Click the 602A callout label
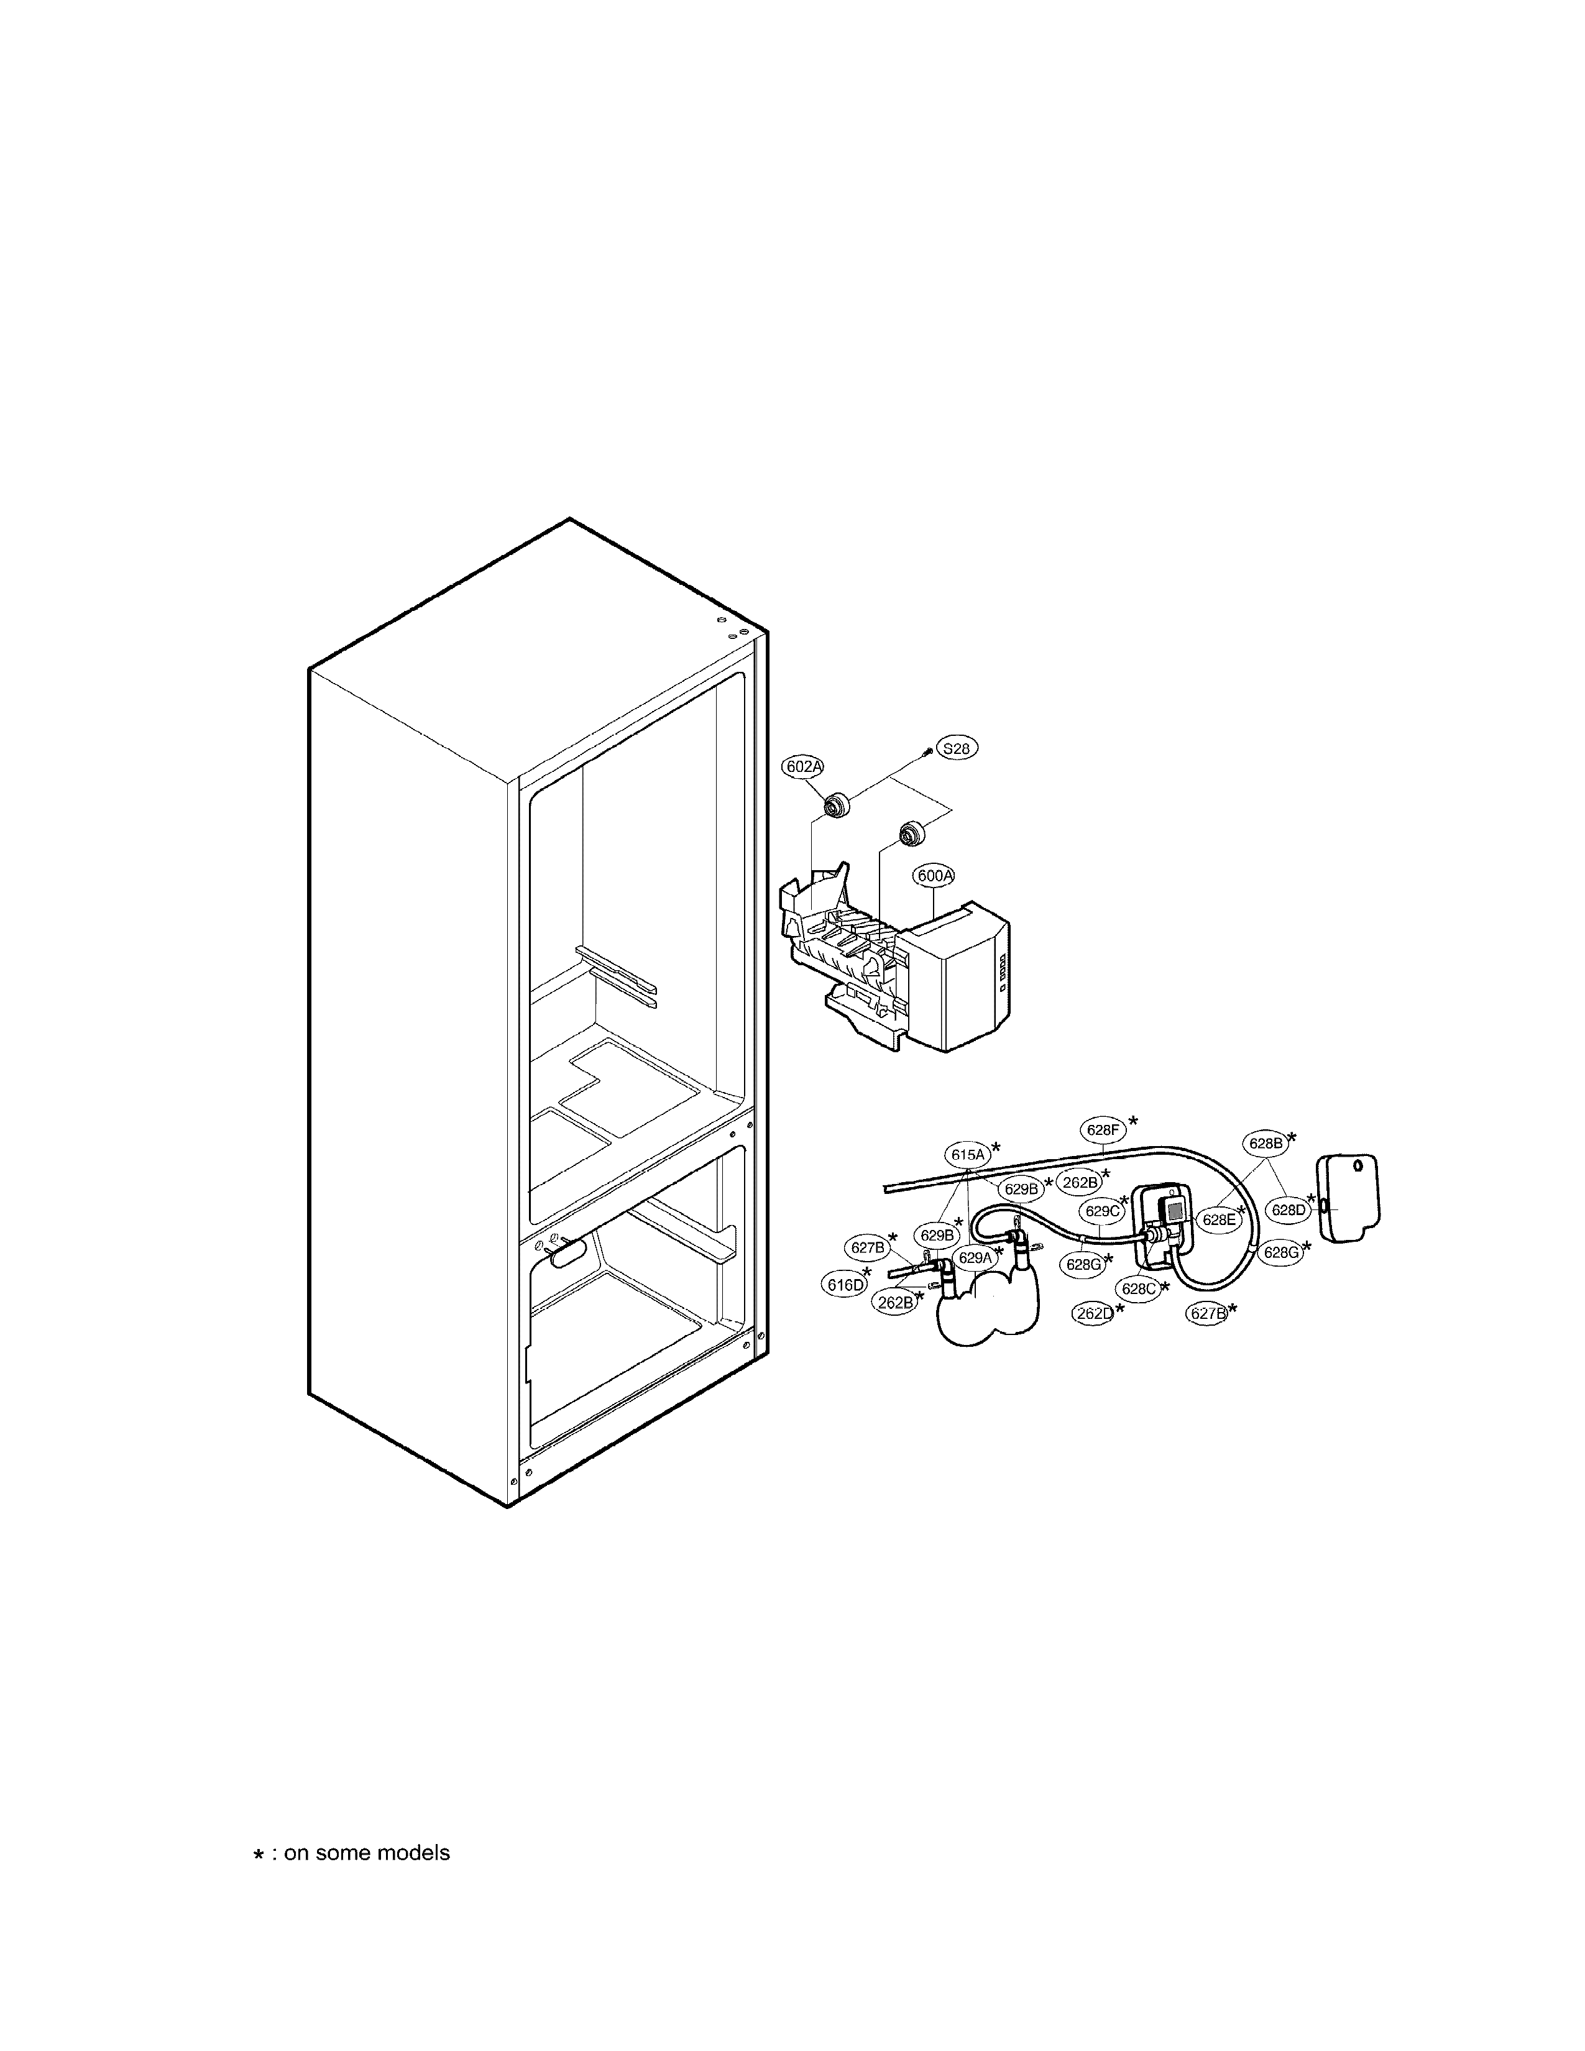coord(803,767)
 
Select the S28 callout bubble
coord(956,748)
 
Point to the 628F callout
coord(1103,1130)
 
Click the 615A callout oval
coord(966,1154)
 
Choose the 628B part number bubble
coord(1265,1143)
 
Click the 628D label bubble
coord(1289,1211)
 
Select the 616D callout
coord(844,1285)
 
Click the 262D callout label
coord(1094,1314)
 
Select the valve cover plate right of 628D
coord(1350,1200)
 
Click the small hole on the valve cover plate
coord(1358,1167)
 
